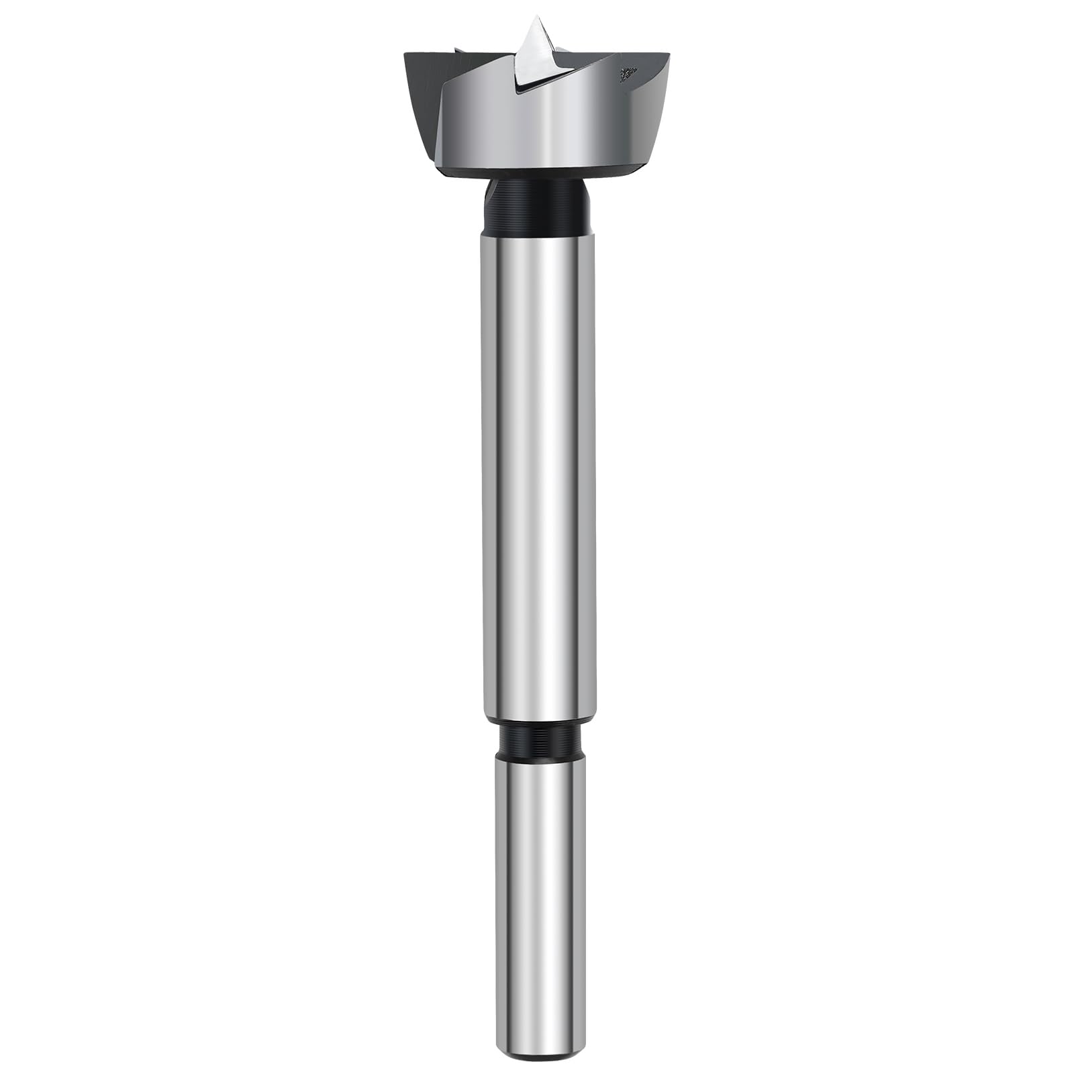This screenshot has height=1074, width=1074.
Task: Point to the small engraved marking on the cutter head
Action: pyautogui.click(x=629, y=73)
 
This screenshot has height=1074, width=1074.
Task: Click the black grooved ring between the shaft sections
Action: pyautogui.click(x=537, y=738)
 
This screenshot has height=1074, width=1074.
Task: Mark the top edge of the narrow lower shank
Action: pyautogui.click(x=537, y=754)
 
